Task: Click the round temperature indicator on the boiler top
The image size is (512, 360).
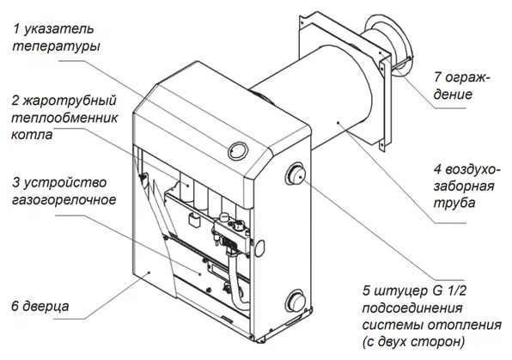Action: pos(238,150)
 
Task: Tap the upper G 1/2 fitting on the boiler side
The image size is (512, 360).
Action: pos(296,173)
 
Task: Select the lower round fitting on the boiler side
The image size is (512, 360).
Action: pos(296,301)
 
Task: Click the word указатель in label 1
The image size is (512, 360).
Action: pos(58,29)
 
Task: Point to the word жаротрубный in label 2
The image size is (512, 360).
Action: pos(69,101)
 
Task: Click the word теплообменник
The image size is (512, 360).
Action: pos(64,118)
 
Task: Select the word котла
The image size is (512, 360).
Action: pos(32,135)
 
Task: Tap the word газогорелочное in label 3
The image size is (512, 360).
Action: pos(64,199)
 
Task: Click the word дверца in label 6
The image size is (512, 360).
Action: pos(46,307)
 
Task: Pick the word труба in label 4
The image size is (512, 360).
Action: pos(454,203)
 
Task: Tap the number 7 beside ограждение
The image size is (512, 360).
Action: pos(438,77)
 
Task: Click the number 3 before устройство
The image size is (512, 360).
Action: pos(15,182)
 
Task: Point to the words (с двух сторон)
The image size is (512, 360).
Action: pos(413,342)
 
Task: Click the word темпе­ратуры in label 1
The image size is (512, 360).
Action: pos(56,46)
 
